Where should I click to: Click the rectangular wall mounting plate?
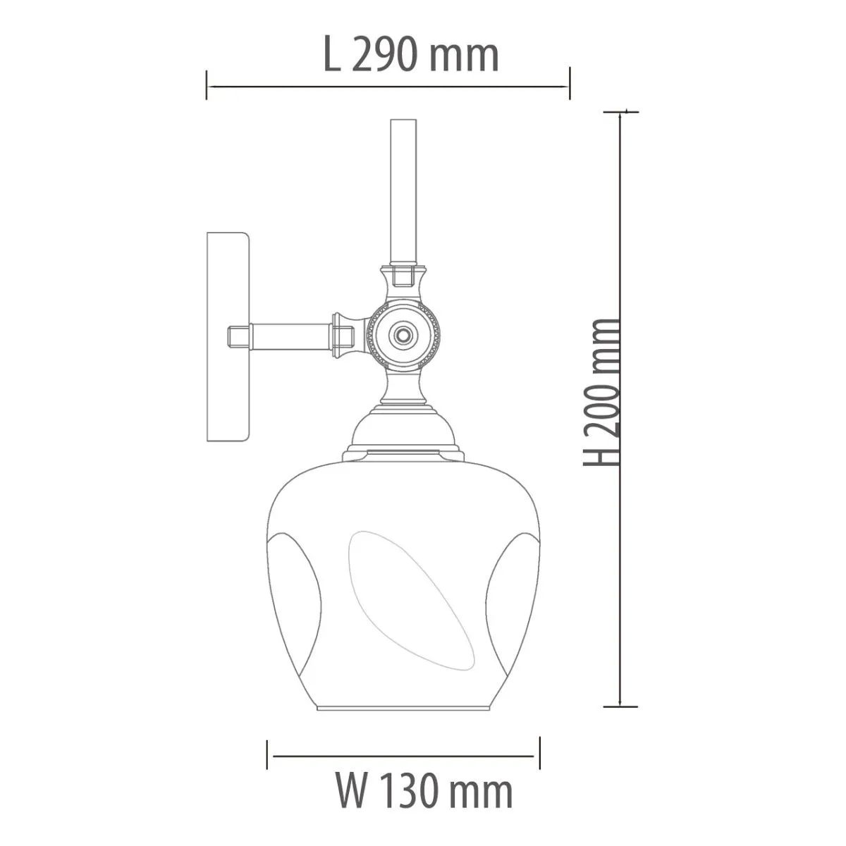pyautogui.click(x=228, y=337)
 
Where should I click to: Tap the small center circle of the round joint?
pyautogui.click(x=402, y=336)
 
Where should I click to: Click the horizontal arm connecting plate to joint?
pyautogui.click(x=290, y=336)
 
